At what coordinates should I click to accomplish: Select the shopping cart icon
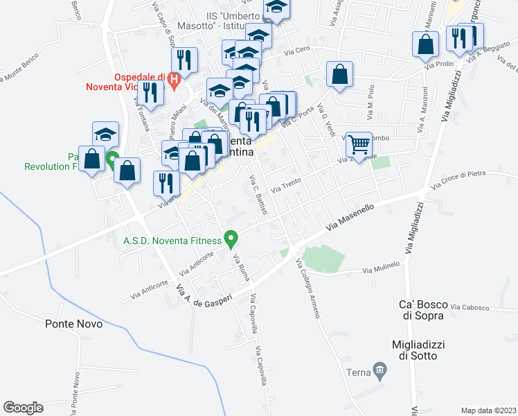point(359,144)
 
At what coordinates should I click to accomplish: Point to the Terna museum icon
point(379,372)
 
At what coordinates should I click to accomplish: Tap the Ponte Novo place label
point(74,324)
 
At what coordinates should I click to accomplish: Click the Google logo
point(23,408)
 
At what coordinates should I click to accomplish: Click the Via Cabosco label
point(470,307)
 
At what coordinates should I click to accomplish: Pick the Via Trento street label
point(287,187)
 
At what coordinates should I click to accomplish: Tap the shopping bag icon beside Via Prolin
point(425,44)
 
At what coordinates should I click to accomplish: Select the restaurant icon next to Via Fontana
point(150,92)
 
